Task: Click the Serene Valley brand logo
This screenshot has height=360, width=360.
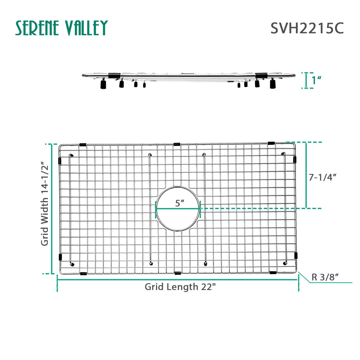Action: [x=61, y=28]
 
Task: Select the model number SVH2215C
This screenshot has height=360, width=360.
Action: [x=307, y=28]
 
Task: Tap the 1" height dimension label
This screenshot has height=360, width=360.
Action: [x=317, y=80]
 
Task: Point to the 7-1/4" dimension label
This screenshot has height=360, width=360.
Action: [x=323, y=177]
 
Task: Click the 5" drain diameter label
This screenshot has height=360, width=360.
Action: [x=179, y=203]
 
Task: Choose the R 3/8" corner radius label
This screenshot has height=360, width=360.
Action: [x=325, y=277]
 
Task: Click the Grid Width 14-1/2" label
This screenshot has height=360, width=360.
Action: [x=44, y=203]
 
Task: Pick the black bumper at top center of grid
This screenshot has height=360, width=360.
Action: [x=177, y=144]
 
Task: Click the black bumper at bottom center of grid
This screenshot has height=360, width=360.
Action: [x=178, y=273]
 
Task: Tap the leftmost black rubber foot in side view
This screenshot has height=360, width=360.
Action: [x=103, y=85]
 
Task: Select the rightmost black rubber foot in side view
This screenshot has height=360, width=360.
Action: [x=273, y=84]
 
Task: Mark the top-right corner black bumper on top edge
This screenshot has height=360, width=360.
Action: [x=271, y=143]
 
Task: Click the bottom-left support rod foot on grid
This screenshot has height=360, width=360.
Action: [x=72, y=264]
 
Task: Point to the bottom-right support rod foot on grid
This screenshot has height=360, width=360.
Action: [x=285, y=263]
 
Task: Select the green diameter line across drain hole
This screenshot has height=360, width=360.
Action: [x=178, y=209]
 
